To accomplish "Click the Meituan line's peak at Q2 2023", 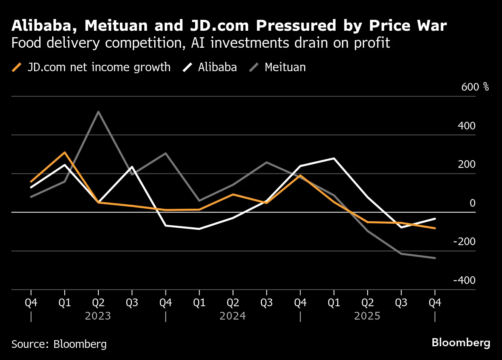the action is [98, 112].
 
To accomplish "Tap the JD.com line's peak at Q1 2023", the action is [65, 152].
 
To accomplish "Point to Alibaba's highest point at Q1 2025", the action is [334, 159].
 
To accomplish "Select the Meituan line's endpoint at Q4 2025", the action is [435, 258].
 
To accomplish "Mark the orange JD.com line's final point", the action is [435, 229].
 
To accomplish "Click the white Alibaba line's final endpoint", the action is [435, 218].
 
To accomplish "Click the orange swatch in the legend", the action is [17, 67].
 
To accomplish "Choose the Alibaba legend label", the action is [217, 67].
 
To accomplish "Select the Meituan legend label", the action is [285, 67].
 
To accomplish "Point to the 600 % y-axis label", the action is [475, 87].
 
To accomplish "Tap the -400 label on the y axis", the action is [464, 280].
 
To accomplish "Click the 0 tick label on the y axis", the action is [472, 203].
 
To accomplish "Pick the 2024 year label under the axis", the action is [233, 316].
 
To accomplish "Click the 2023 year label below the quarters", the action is [98, 316].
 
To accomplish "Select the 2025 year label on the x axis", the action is [367, 316].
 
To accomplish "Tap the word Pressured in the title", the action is [296, 25].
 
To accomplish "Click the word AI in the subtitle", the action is [198, 43].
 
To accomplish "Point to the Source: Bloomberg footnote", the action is [59, 344].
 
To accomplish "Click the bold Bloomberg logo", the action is [461, 343].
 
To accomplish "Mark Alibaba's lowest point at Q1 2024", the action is [199, 229].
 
